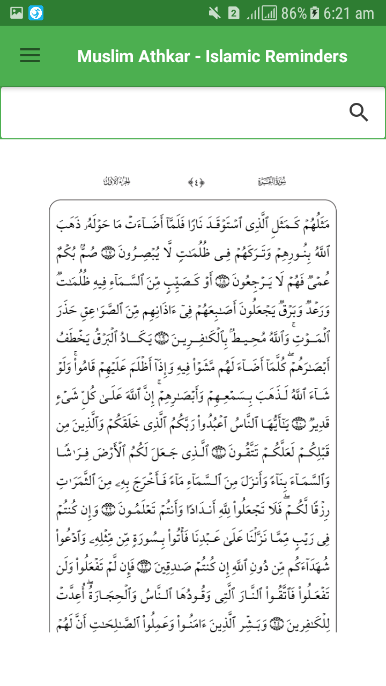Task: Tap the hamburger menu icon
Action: coord(30,56)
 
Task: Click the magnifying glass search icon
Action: coord(359,113)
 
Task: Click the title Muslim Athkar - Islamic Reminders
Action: coord(212,56)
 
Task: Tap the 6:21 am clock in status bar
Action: coord(349,13)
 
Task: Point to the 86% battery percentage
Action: coord(293,13)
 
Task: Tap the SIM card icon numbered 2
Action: coord(233,13)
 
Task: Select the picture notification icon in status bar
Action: coord(17,13)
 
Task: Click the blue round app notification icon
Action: coord(36,13)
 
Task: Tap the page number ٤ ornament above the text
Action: coord(196,182)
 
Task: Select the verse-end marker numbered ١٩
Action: coord(160,338)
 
